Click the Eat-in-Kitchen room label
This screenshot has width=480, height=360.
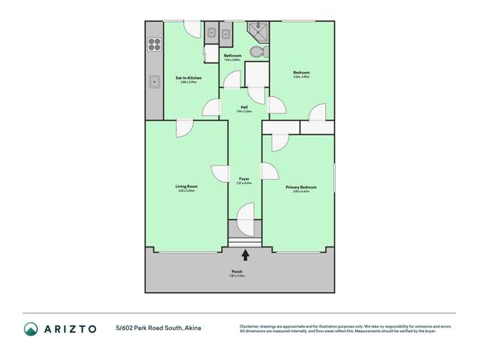pyautogui.click(x=188, y=77)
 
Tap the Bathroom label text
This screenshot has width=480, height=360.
pyautogui.click(x=232, y=56)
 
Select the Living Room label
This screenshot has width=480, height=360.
pyautogui.click(x=186, y=186)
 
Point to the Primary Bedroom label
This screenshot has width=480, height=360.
pyautogui.click(x=300, y=187)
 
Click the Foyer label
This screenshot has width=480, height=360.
pyautogui.click(x=244, y=179)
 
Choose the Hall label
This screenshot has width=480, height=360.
pyautogui.click(x=244, y=107)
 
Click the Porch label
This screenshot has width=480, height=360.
pyautogui.click(x=237, y=271)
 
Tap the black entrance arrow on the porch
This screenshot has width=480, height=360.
pyautogui.click(x=245, y=256)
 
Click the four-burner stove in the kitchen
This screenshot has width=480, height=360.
pyautogui.click(x=154, y=44)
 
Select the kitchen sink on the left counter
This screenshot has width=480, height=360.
pyautogui.click(x=154, y=81)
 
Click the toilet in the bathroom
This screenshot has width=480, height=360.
pyautogui.click(x=257, y=52)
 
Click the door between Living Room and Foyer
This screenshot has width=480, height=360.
pyautogui.click(x=220, y=174)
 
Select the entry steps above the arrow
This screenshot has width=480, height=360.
pyautogui.click(x=245, y=243)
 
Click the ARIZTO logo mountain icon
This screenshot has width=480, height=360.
pyautogui.click(x=31, y=328)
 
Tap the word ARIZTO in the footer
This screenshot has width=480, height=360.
pyautogui.click(x=69, y=328)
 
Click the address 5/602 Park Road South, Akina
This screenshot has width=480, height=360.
pyautogui.click(x=158, y=328)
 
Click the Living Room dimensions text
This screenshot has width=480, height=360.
pyautogui.click(x=186, y=191)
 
